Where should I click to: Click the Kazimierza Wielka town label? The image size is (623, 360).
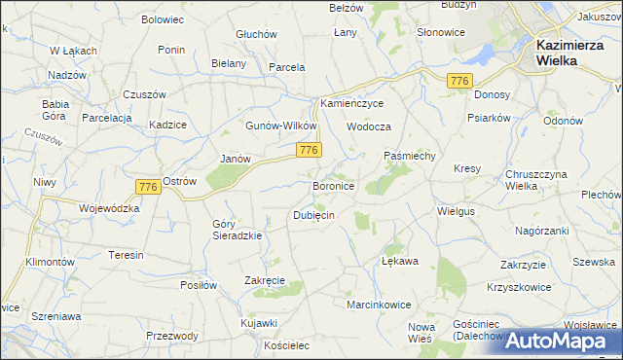coord(569,52)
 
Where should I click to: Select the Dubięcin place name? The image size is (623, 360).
coord(314,216)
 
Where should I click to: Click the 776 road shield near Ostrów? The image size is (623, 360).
coord(149,187)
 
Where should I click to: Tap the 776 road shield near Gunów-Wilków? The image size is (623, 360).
coord(310,150)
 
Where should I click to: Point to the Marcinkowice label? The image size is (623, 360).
coord(379,305)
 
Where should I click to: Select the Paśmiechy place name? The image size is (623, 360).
coord(415,156)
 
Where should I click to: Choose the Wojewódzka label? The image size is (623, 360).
coord(109,208)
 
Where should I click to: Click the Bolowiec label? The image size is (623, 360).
coord(163,19)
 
